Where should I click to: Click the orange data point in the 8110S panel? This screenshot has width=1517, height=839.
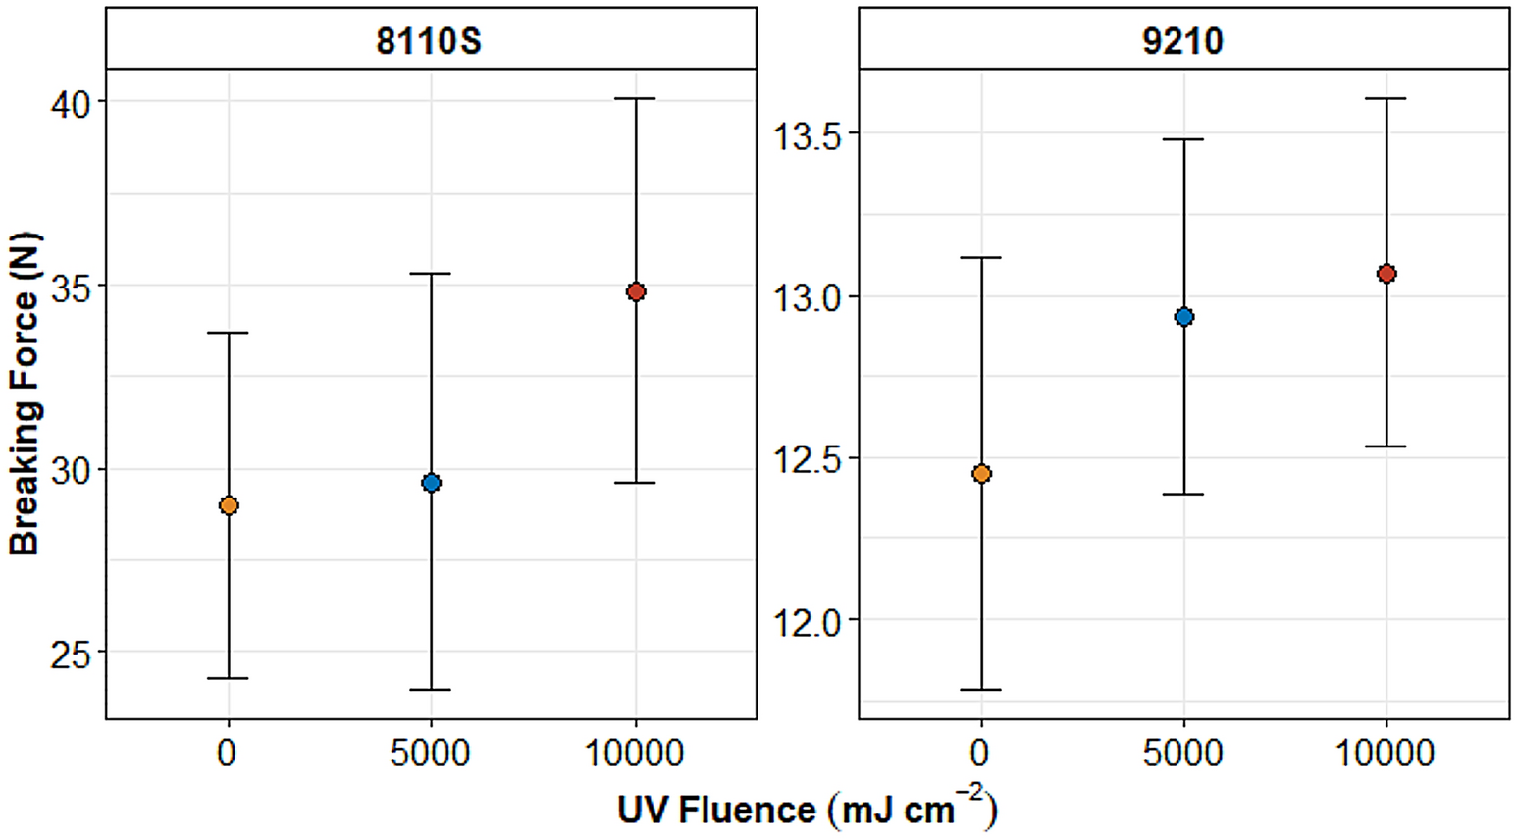(229, 505)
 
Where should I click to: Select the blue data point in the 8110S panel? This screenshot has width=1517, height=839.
(431, 483)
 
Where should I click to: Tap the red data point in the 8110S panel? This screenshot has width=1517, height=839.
(636, 291)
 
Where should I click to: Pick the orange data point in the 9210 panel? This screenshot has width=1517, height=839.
(981, 474)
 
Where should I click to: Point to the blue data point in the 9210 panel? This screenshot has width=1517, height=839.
(1184, 317)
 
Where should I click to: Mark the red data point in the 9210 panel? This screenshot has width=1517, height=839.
(1386, 274)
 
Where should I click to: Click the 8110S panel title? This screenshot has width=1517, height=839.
(430, 41)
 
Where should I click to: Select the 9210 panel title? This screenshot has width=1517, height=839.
(1183, 41)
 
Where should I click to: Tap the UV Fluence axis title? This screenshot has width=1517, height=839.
(807, 810)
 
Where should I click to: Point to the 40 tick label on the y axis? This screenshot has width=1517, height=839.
(70, 103)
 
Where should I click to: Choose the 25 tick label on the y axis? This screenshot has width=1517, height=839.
(70, 654)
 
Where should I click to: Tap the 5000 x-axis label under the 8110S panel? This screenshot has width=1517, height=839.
(430, 754)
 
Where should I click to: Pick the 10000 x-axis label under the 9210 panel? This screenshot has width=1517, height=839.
(1386, 754)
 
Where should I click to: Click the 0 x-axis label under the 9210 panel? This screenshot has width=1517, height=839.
(980, 754)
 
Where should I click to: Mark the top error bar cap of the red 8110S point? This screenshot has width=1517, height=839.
(636, 99)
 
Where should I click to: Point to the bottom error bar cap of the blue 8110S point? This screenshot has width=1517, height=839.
(431, 690)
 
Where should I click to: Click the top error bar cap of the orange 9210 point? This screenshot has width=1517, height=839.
(981, 258)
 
